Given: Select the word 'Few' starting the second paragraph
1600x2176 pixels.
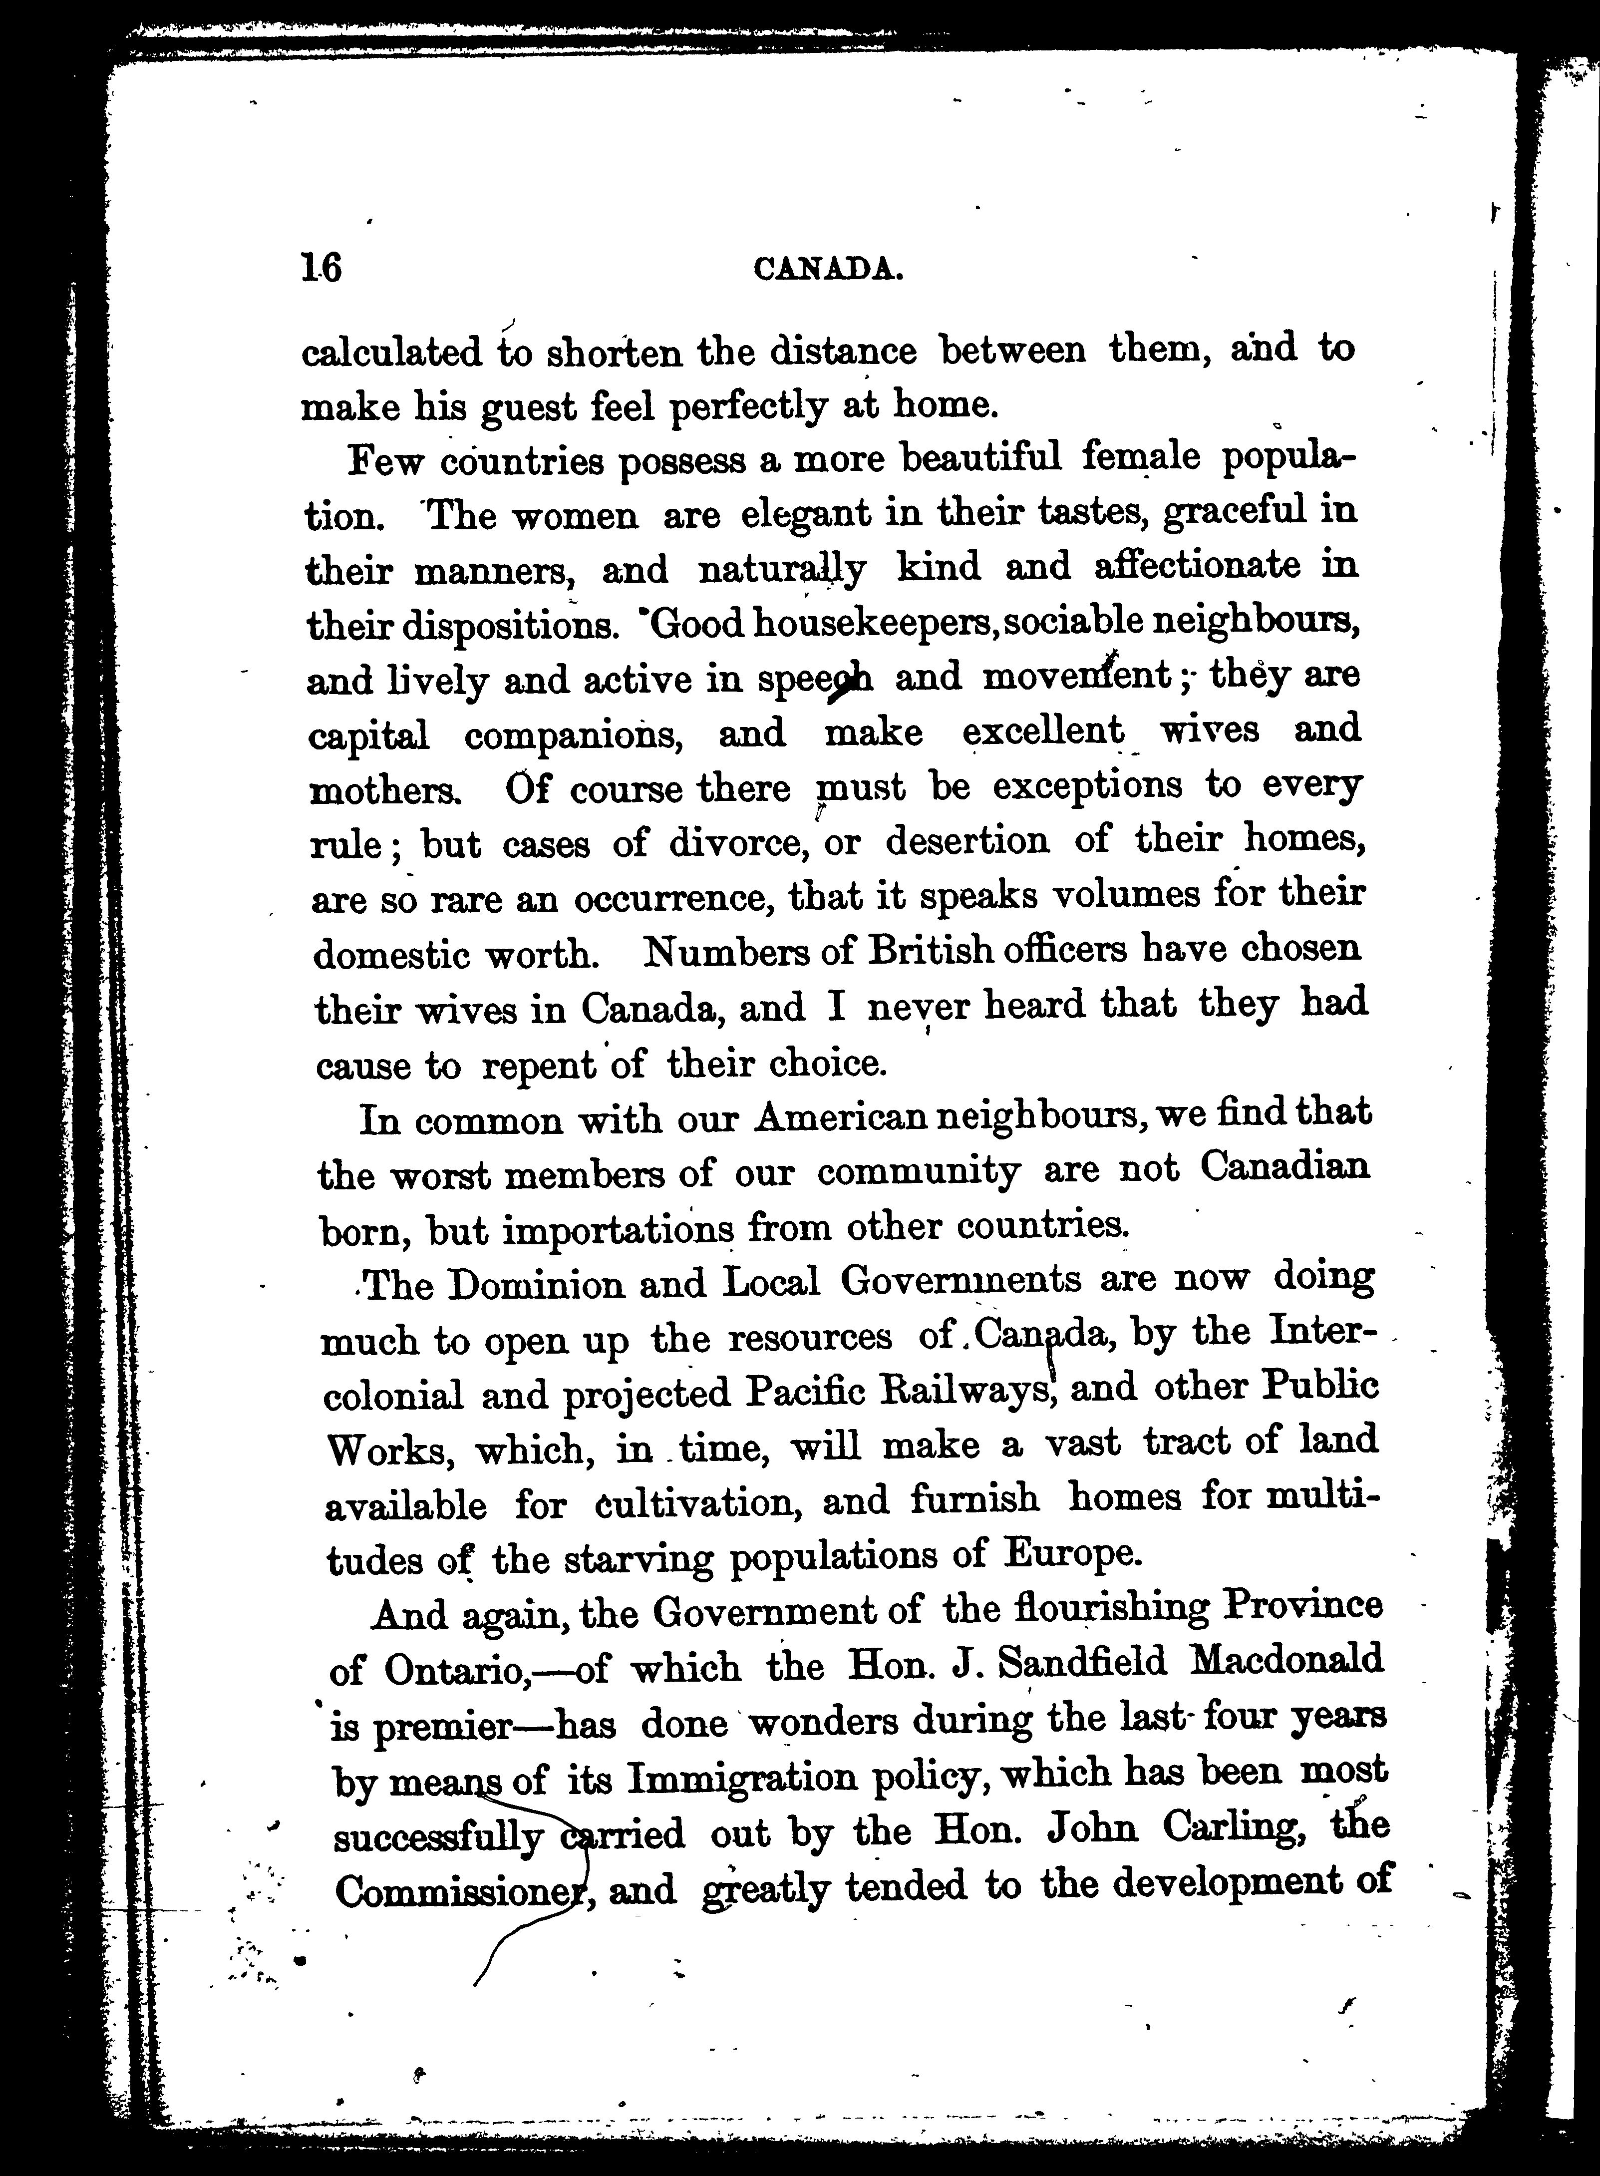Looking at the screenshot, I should [x=384, y=459].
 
